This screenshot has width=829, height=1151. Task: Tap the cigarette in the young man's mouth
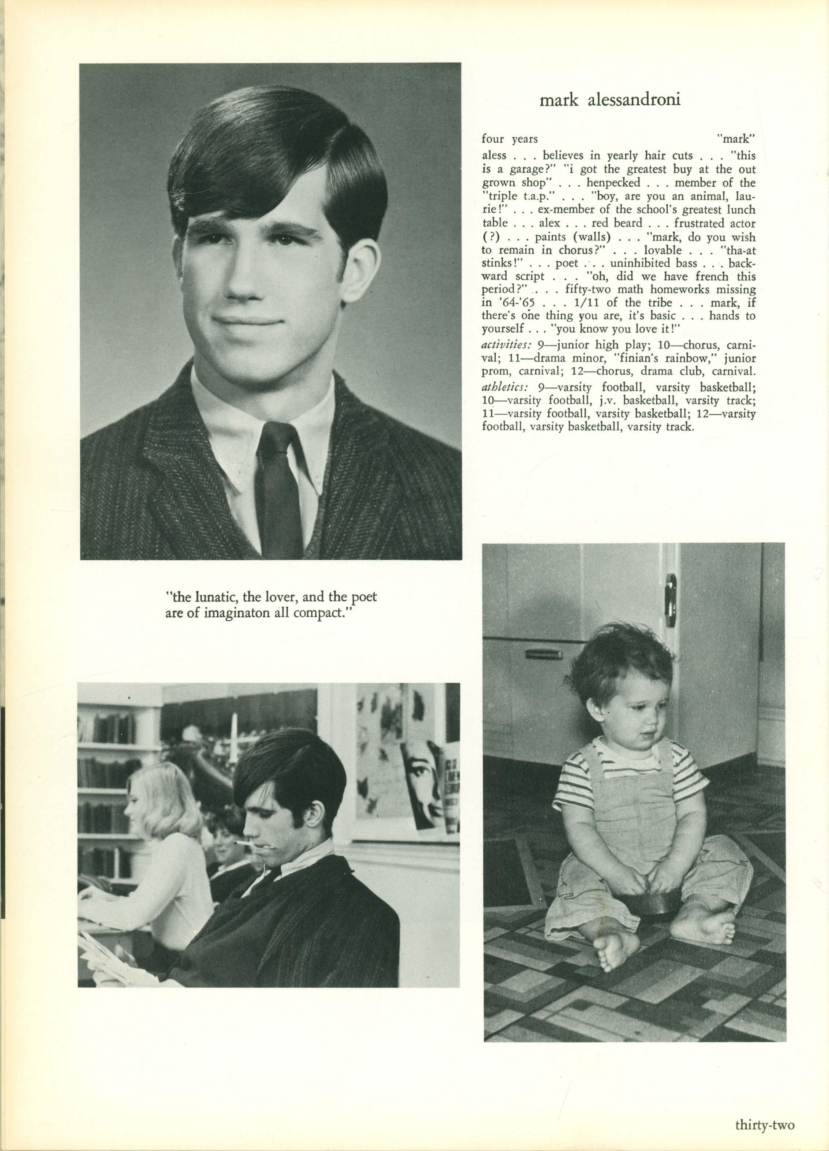pyautogui.click(x=244, y=842)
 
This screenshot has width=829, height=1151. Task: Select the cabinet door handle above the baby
pyautogui.click(x=672, y=593)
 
